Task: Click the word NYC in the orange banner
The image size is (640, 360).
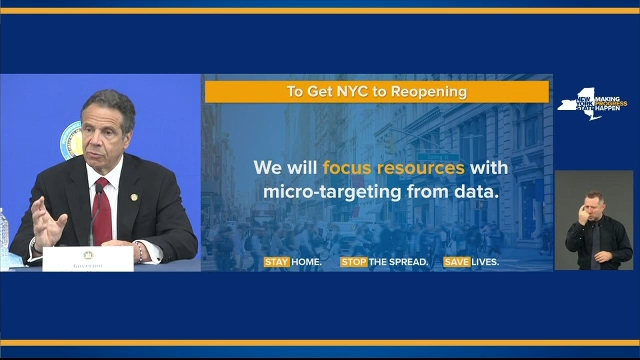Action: (x=350, y=92)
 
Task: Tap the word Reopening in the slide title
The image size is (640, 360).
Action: (x=430, y=92)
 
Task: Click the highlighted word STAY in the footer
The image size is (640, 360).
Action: (x=276, y=262)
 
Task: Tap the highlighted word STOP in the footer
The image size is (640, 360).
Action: (x=353, y=262)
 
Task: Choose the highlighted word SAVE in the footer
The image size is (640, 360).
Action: (x=456, y=262)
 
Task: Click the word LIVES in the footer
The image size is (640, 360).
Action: (x=485, y=262)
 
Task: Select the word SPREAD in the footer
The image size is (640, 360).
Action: (x=407, y=262)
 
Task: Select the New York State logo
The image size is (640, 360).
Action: (x=593, y=104)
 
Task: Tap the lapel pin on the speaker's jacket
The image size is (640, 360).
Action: (x=134, y=196)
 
